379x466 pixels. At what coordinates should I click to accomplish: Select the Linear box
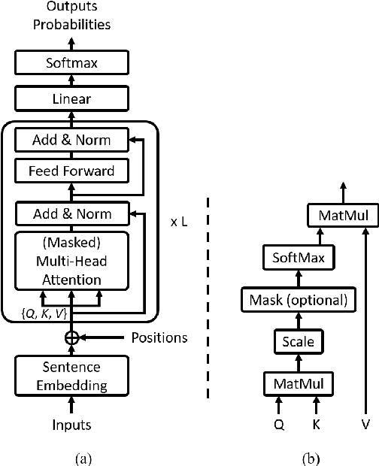point(71,98)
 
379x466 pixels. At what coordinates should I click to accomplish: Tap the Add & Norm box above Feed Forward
point(71,139)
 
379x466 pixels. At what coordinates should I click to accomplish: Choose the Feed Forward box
point(71,171)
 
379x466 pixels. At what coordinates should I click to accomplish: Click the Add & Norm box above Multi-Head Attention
point(71,213)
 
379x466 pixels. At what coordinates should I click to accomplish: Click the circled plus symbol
point(71,337)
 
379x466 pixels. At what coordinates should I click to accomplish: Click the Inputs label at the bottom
point(71,425)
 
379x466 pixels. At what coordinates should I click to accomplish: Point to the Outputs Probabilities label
point(71,16)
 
